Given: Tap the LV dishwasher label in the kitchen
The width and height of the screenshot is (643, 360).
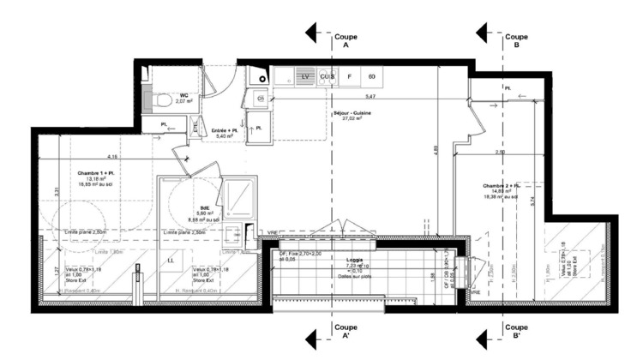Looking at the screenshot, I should pyautogui.click(x=305, y=77).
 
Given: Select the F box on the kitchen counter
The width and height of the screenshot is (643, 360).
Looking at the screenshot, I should pyautogui.click(x=350, y=77).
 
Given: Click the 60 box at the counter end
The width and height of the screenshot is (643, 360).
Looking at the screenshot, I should pyautogui.click(x=372, y=77).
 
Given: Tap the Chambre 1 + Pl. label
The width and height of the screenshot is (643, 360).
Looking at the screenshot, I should pyautogui.click(x=94, y=174).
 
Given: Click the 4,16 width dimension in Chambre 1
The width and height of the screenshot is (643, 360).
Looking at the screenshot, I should pyautogui.click(x=112, y=157).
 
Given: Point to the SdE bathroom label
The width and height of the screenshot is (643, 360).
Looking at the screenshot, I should pyautogui.click(x=206, y=208).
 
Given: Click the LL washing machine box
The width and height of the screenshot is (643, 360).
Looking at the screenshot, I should pyautogui.click(x=171, y=260).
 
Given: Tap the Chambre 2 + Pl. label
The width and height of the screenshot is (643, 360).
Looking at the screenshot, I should pyautogui.click(x=502, y=187).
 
